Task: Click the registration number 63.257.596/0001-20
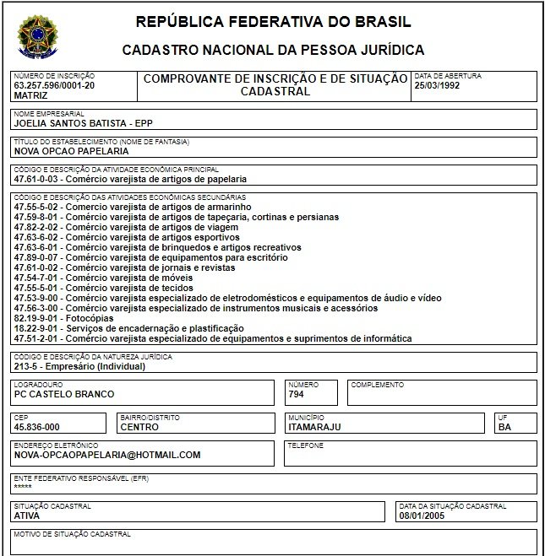(x=54, y=85)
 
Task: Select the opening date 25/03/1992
(x=438, y=85)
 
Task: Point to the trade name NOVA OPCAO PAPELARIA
(x=72, y=151)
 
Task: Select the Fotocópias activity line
(x=63, y=318)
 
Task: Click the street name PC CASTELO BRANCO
(x=64, y=394)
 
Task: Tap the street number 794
(x=297, y=394)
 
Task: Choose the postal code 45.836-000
(x=37, y=427)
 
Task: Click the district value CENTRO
(x=139, y=427)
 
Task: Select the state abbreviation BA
(x=504, y=427)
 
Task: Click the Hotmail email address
(x=107, y=455)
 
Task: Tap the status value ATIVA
(x=28, y=516)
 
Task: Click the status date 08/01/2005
(x=422, y=516)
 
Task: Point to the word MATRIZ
(x=31, y=95)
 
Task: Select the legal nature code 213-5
(x=29, y=367)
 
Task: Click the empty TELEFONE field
(x=410, y=456)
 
